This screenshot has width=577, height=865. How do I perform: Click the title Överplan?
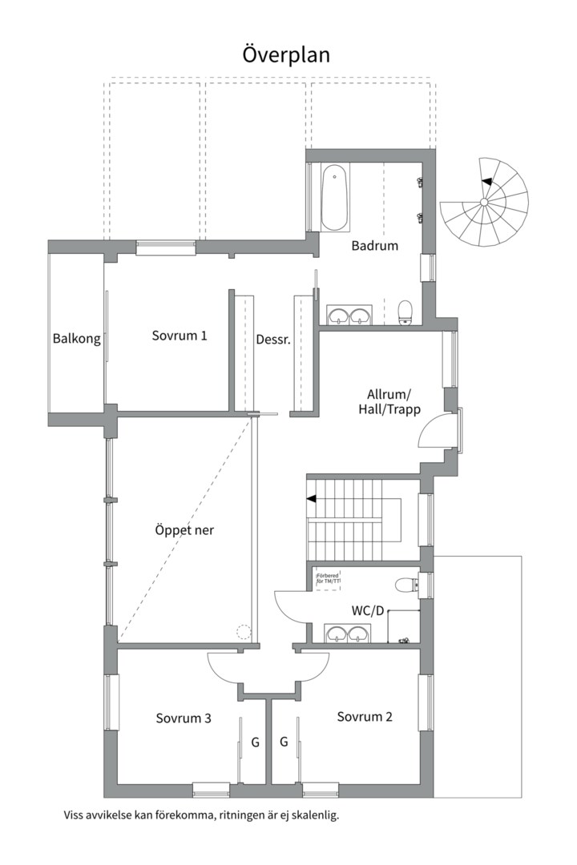click(286, 54)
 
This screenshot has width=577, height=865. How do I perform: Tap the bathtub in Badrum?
click(334, 198)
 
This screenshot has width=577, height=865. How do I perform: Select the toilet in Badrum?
click(406, 312)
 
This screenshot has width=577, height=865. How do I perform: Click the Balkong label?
click(77, 338)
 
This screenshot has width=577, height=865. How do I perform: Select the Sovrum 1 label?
click(180, 336)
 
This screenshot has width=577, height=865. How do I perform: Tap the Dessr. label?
click(272, 340)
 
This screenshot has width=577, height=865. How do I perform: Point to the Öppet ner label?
click(184, 530)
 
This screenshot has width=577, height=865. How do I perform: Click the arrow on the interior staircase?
click(311, 499)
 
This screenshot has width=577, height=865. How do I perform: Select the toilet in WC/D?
click(406, 585)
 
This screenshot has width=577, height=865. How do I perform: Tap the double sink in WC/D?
click(348, 634)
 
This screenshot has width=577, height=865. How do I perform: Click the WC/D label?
click(368, 610)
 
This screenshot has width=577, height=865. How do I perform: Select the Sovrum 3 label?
click(184, 718)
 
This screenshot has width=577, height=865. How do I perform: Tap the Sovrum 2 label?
click(365, 716)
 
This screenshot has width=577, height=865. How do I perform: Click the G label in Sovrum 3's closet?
click(256, 742)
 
